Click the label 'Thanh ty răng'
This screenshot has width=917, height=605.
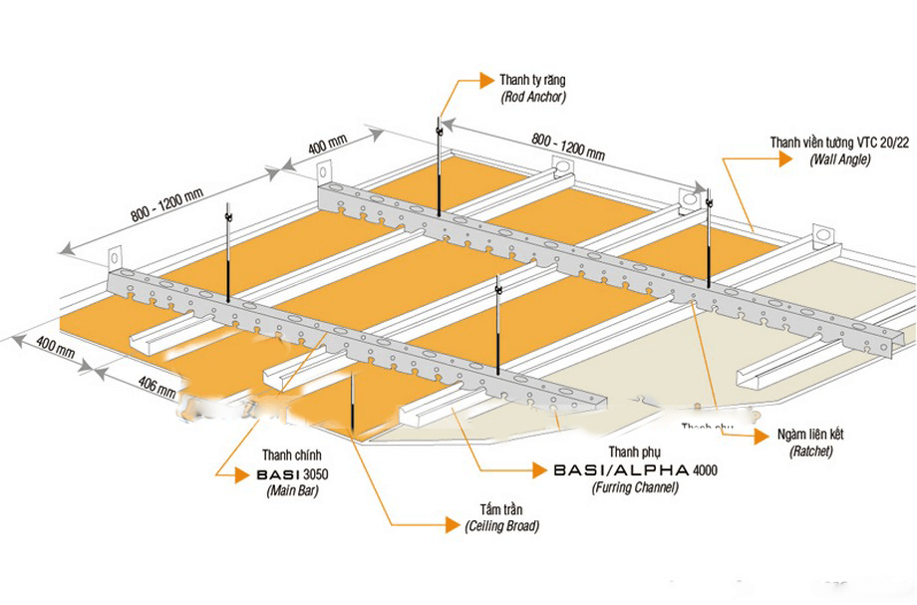pyautogui.click(x=535, y=80)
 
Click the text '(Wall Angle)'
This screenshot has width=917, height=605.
pyautogui.click(x=840, y=159)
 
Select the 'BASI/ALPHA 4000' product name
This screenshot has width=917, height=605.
pyautogui.click(x=635, y=469)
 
